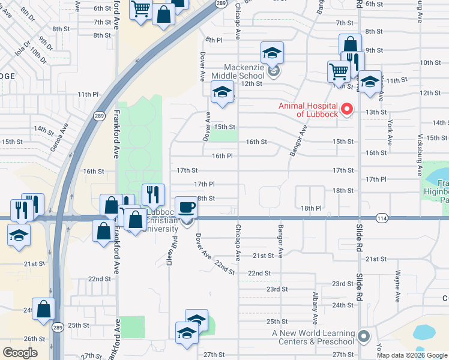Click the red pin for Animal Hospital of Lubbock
(346, 109)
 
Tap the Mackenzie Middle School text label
(244, 71)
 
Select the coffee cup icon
(185, 208)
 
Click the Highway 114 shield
(382, 217)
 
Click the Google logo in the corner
(20, 352)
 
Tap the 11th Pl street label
(88, 94)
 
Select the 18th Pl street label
(312, 208)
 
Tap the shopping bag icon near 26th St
(44, 309)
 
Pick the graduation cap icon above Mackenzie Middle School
(272, 52)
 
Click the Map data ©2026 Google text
(411, 355)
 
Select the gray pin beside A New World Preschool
(363, 337)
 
